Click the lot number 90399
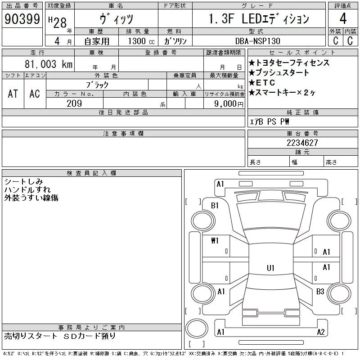[22, 19]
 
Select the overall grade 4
[343, 18]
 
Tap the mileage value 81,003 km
[49, 64]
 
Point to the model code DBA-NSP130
[258, 41]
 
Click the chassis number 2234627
[302, 143]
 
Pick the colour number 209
[74, 103]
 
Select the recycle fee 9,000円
[229, 103]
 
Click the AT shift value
[13, 94]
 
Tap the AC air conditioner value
[35, 94]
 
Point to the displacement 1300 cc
[141, 41]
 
